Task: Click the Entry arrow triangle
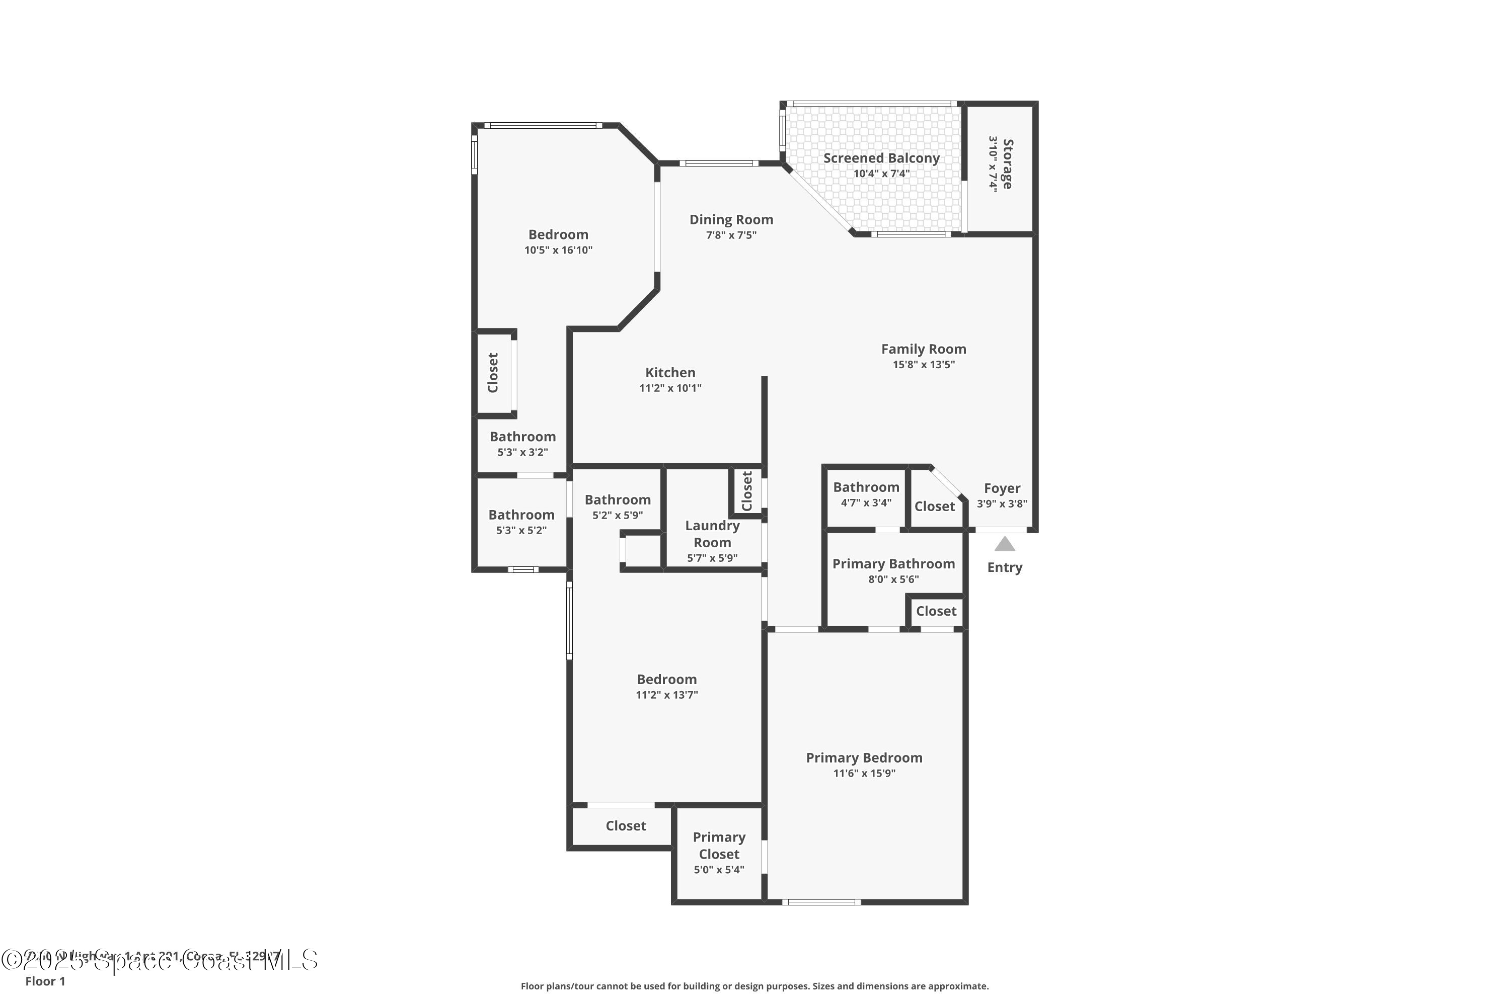coord(1004,545)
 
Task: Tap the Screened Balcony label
coord(881,158)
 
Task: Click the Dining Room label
coord(731,219)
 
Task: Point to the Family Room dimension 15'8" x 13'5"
coord(923,364)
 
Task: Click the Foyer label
coord(1002,488)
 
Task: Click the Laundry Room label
coord(712,534)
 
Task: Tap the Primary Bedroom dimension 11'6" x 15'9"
coord(864,773)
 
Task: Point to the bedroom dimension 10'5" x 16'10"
coord(558,250)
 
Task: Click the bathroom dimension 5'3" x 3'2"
coord(522,452)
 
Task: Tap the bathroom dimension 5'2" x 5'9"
coord(617,515)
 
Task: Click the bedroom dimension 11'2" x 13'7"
coord(666,695)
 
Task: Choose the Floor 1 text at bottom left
coord(45,981)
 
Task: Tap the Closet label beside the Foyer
coord(934,506)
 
